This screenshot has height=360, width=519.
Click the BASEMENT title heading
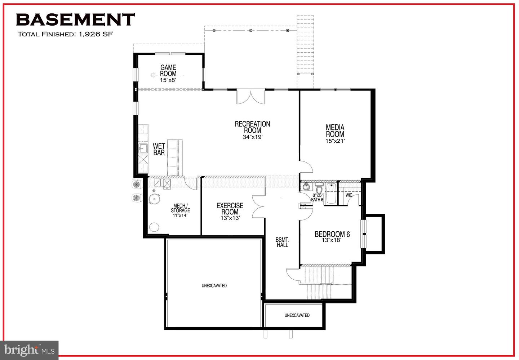pyautogui.click(x=75, y=20)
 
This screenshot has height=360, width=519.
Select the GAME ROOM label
pyautogui.click(x=168, y=71)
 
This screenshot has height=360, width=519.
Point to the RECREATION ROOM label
pyautogui.click(x=252, y=127)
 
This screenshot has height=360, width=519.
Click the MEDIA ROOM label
pyautogui.click(x=335, y=131)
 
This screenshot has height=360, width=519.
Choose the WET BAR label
pyautogui.click(x=159, y=149)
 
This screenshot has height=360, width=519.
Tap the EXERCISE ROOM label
pyautogui.click(x=230, y=209)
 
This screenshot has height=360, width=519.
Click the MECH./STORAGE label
pyautogui.click(x=180, y=208)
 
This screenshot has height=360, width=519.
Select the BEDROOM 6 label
pyautogui.click(x=332, y=234)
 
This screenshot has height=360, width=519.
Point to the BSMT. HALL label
pyautogui.click(x=283, y=242)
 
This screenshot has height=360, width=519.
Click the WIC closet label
pyautogui.click(x=349, y=195)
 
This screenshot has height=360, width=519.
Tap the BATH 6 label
pyautogui.click(x=317, y=200)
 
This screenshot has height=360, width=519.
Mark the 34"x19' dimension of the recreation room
pyautogui.click(x=252, y=137)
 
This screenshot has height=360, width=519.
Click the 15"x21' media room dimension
pyautogui.click(x=335, y=141)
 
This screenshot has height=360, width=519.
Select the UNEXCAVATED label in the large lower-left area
pyautogui.click(x=214, y=286)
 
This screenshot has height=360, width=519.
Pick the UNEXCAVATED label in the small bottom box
pyautogui.click(x=297, y=315)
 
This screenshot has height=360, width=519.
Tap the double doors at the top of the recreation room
pyautogui.click(x=251, y=97)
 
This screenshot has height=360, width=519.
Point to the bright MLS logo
pyautogui.click(x=29, y=350)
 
